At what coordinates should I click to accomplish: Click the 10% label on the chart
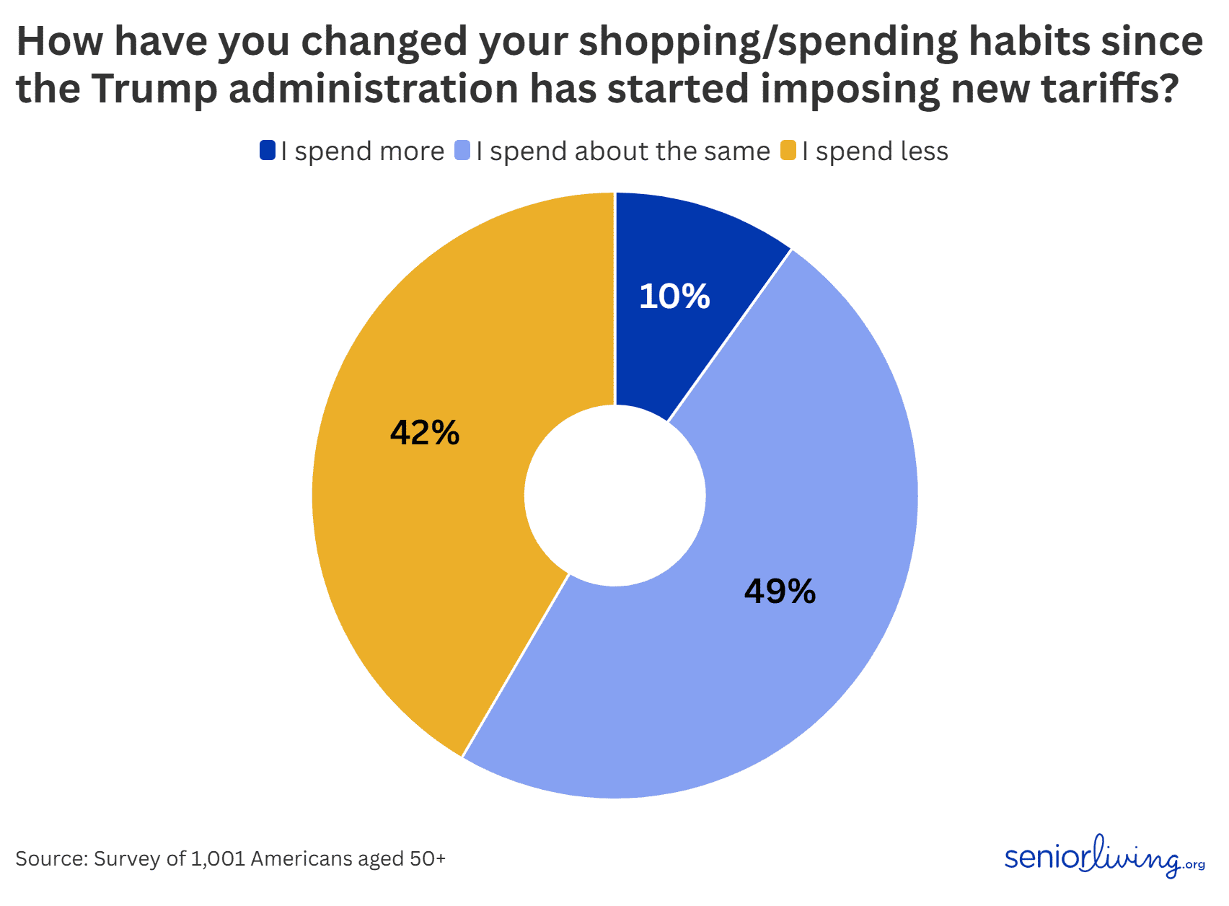[x=674, y=296]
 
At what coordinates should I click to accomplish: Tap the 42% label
[x=425, y=433]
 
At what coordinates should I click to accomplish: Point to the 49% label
[x=780, y=591]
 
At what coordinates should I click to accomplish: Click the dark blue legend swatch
[x=268, y=151]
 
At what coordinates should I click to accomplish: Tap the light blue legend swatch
[x=462, y=151]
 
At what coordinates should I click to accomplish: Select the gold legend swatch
[x=788, y=151]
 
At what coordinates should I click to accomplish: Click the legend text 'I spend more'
[x=363, y=151]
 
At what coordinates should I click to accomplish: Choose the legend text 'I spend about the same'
[x=623, y=151]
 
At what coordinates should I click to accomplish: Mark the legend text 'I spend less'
[x=875, y=151]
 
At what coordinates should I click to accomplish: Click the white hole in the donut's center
[x=614, y=495]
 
